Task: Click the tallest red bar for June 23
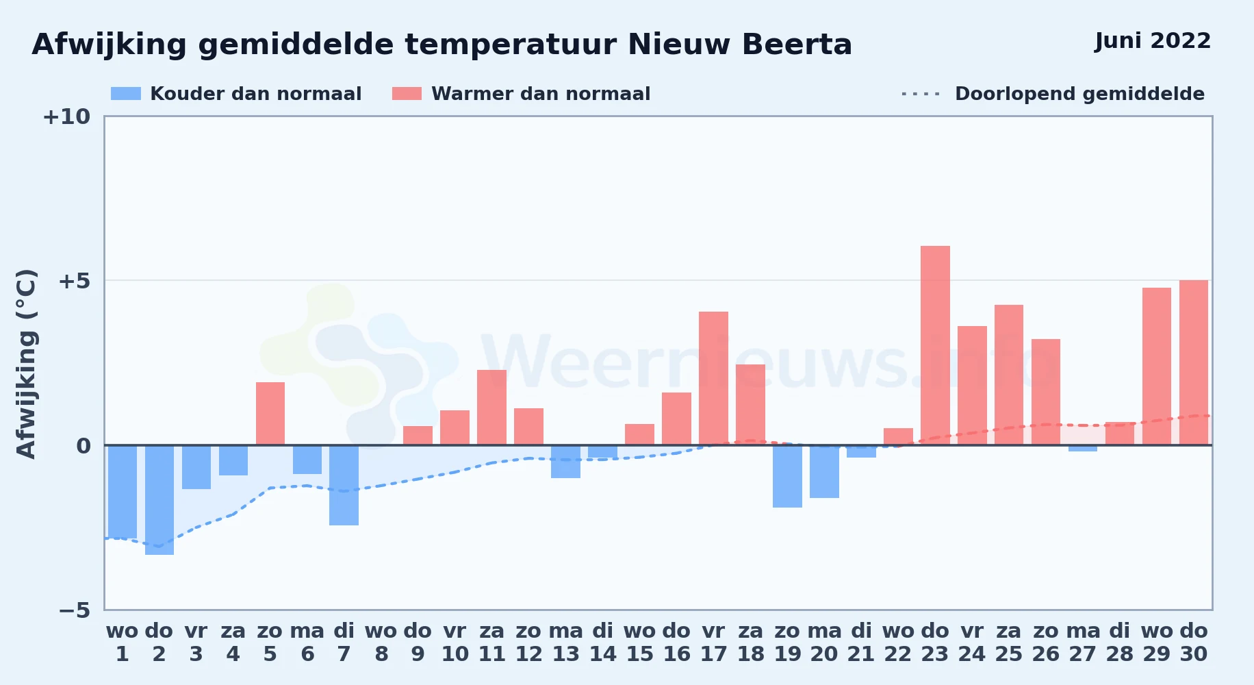935,345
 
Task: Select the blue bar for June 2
159,500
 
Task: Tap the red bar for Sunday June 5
270,414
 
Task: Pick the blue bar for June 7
344,485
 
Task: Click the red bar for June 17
713,378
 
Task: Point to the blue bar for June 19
787,476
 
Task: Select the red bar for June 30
1194,362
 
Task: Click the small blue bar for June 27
1083,448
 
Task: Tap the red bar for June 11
491,408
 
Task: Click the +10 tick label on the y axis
66,116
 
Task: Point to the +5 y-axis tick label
74,281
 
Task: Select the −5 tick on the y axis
74,610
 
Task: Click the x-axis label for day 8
381,643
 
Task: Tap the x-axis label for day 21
861,643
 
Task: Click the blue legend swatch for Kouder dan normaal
126,94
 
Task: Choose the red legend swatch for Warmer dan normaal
407,94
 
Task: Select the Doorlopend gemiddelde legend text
1079,94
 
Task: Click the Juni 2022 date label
1153,41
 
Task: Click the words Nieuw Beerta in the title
740,45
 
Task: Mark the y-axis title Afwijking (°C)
26,364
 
